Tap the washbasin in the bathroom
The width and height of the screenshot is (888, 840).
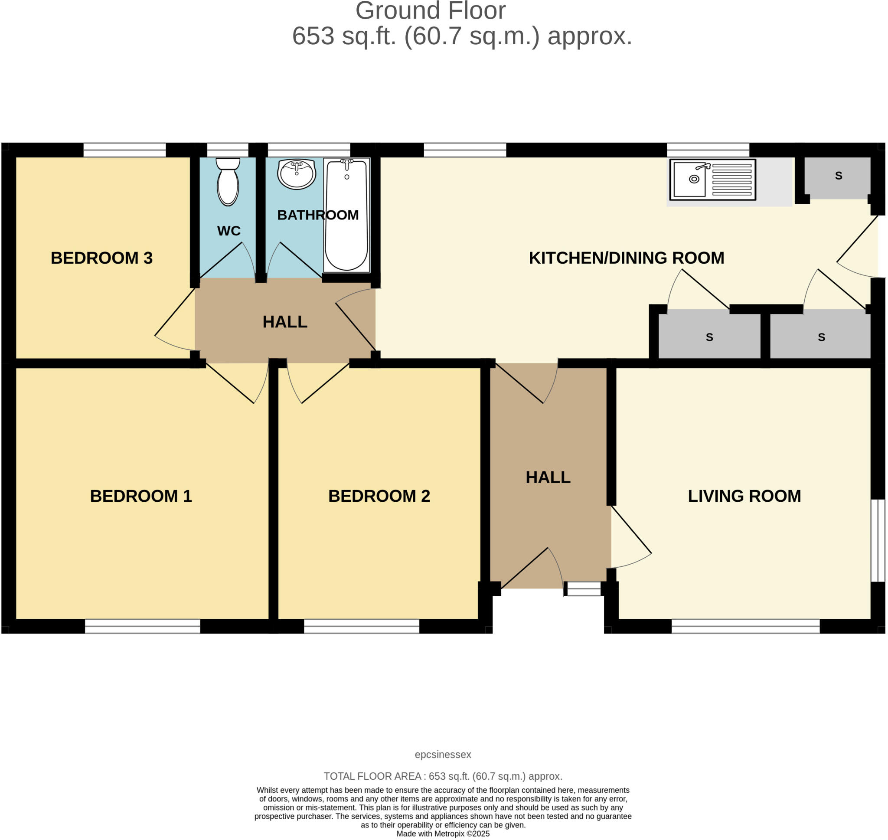296,174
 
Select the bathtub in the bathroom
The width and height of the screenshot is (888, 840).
347,215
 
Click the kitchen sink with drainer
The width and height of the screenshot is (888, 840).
712,180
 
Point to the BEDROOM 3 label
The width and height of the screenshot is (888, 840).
101,258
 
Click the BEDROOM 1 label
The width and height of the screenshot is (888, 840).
141,496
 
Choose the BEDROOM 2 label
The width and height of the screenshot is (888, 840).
379,496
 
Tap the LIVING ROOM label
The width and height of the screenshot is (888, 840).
744,496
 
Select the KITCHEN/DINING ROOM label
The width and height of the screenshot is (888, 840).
626,258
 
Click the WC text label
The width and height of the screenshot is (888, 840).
229,231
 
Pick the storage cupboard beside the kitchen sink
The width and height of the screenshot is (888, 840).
838,176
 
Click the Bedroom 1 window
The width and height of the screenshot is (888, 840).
142,626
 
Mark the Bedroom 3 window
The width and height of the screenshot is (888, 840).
124,150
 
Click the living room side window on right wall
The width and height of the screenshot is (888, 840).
878,540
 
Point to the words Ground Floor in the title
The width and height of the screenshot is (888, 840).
430,11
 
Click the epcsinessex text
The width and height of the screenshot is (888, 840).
443,755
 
